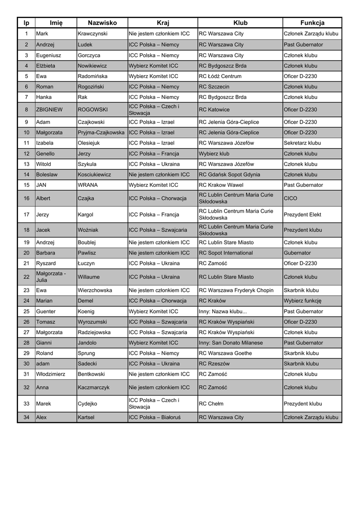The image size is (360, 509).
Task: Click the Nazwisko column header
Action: [x=102, y=23]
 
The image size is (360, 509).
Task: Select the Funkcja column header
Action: [x=312, y=23]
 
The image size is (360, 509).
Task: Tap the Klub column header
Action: [x=240, y=23]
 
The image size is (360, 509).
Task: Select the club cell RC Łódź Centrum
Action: [x=220, y=77]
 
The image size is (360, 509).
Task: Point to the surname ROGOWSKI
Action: [x=92, y=110]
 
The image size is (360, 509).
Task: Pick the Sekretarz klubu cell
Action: [x=302, y=143]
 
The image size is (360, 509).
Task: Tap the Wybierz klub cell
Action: [x=214, y=154]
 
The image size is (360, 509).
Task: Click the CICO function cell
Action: [x=290, y=198]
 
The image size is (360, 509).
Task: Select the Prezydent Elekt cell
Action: [x=302, y=215]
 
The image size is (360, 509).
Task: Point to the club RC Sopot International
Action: [x=225, y=253]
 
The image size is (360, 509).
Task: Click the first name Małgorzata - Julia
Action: [x=51, y=277]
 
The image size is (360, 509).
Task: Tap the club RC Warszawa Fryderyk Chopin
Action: [x=236, y=290]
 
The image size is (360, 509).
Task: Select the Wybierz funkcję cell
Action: [x=302, y=301]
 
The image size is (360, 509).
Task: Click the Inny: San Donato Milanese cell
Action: [x=231, y=343]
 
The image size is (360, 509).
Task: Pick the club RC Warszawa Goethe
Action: [x=225, y=353]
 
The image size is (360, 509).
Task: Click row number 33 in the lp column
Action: [x=26, y=404]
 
